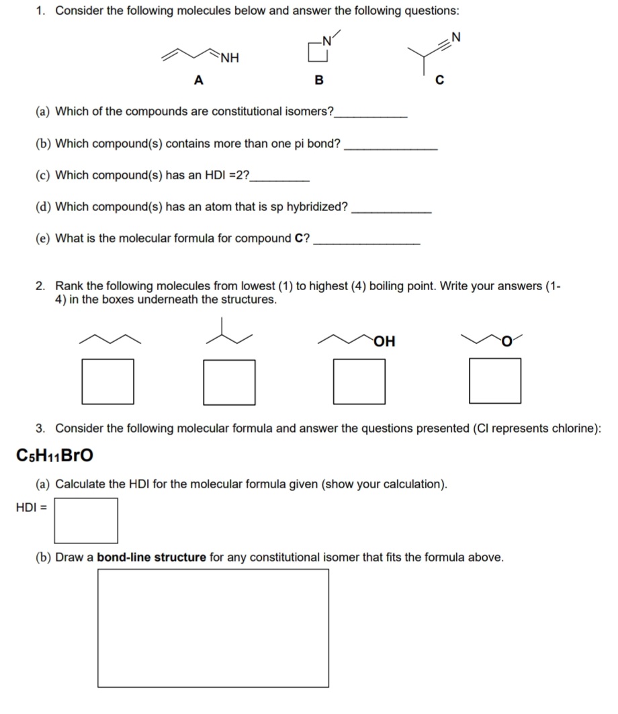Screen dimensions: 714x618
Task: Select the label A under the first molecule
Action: pyautogui.click(x=197, y=81)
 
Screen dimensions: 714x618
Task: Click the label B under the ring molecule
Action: pyautogui.click(x=319, y=81)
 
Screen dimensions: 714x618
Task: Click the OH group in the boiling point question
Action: pyautogui.click(x=386, y=341)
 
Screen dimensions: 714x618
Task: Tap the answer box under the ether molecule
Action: pyautogui.click(x=495, y=381)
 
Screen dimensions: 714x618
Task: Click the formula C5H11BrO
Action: pyautogui.click(x=54, y=455)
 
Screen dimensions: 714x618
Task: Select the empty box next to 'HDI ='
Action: pyautogui.click(x=86, y=520)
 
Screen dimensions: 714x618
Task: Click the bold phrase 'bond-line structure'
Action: pyautogui.click(x=151, y=557)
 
